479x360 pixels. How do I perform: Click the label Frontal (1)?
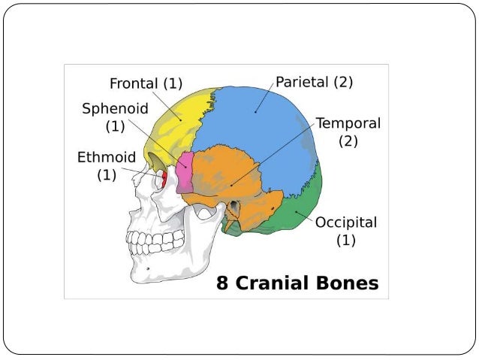146,83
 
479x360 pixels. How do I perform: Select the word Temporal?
348,123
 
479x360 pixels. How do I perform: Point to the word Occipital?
345,222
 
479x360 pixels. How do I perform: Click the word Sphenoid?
114,108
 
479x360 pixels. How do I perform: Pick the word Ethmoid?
107,158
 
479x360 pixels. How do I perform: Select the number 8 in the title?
222,283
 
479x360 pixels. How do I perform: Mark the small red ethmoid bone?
163,179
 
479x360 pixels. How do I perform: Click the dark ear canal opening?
234,206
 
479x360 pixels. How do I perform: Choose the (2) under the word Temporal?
348,141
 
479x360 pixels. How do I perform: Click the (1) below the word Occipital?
345,241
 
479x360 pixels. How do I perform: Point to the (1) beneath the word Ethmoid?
107,176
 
